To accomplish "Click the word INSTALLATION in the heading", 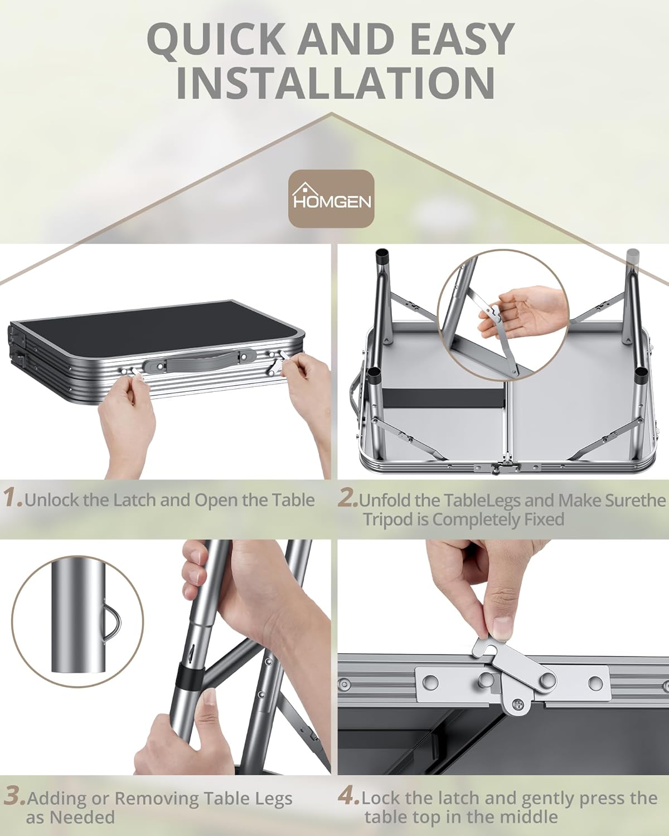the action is [334, 82].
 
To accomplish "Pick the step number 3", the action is [14, 787].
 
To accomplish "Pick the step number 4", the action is [349, 787].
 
